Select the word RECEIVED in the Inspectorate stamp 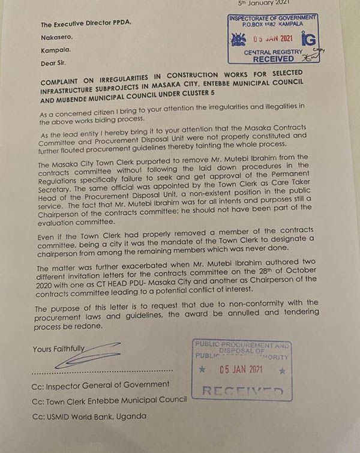274,60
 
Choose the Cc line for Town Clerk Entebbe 109,400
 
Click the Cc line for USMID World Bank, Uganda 90,416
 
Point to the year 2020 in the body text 49,286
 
